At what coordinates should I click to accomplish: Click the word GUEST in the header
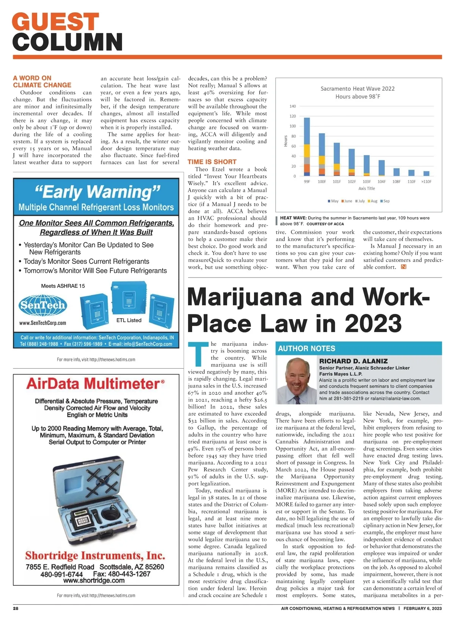click(x=56, y=22)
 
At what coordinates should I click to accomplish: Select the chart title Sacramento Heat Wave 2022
click(x=357, y=88)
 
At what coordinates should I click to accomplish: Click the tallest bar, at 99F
click(x=307, y=147)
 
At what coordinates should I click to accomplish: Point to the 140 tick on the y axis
click(x=292, y=106)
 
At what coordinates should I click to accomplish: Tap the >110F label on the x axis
click(x=426, y=181)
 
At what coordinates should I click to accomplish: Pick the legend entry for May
click(x=333, y=201)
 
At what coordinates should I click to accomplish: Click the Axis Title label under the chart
click(x=366, y=188)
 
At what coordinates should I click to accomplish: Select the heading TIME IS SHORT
click(x=212, y=162)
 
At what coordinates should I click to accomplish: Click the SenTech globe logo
click(x=42, y=305)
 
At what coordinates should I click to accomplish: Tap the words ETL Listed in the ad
click(x=129, y=320)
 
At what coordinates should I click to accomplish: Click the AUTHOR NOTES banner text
click(x=307, y=348)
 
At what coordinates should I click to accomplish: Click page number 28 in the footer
click(x=16, y=608)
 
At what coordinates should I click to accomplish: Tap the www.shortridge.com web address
click(x=94, y=580)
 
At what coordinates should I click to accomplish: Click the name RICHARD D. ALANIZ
click(x=353, y=361)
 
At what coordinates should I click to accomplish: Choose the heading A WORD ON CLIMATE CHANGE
click(x=42, y=82)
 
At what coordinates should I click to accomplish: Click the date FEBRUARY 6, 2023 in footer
click(x=422, y=608)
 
